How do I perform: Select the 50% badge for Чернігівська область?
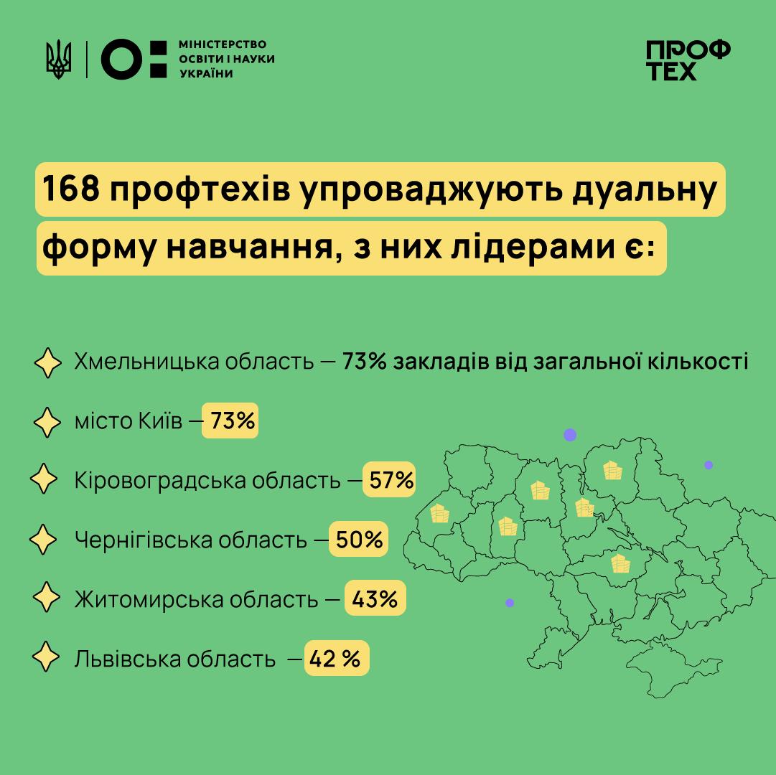[x=359, y=540]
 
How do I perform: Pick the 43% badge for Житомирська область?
[x=375, y=598]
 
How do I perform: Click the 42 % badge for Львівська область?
[x=336, y=657]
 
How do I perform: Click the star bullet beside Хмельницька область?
[x=48, y=362]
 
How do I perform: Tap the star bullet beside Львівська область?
[x=48, y=657]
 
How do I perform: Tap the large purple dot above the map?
[x=570, y=435]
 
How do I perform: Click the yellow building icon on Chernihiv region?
[x=612, y=470]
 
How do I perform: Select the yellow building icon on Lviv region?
[x=439, y=514]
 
